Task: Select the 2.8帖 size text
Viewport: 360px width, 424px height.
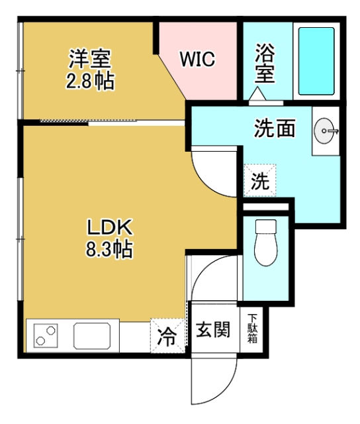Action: click(90, 82)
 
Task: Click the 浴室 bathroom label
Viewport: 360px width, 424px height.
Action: click(265, 63)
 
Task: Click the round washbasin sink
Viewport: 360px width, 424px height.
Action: click(326, 131)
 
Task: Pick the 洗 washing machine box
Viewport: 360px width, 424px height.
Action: click(260, 180)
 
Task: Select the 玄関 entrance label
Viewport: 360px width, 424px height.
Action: click(212, 329)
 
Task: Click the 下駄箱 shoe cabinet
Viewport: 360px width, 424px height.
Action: click(252, 329)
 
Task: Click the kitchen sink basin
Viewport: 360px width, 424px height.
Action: click(95, 335)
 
